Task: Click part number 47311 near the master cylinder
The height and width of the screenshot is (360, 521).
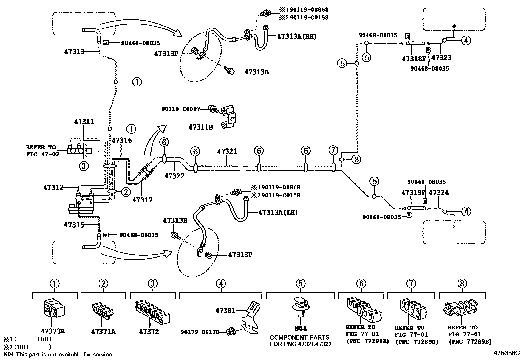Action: (84, 122)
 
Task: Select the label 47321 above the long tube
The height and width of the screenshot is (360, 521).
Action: (227, 151)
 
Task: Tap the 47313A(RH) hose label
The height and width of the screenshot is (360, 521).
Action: (297, 36)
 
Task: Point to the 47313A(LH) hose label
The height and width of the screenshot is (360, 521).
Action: (278, 212)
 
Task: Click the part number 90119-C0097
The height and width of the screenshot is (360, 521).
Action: (180, 109)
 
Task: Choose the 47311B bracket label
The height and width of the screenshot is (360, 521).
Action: (201, 127)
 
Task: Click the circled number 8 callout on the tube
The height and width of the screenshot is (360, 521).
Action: (356, 160)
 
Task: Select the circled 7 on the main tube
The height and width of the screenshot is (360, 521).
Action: (333, 151)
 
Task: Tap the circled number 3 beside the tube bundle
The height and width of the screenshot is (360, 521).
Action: (84, 167)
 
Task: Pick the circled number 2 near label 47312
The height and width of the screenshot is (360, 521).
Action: (126, 192)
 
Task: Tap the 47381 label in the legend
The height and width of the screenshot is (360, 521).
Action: (225, 310)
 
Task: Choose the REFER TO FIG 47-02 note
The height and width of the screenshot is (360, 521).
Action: (43, 151)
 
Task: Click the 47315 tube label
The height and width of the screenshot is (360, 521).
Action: (74, 225)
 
